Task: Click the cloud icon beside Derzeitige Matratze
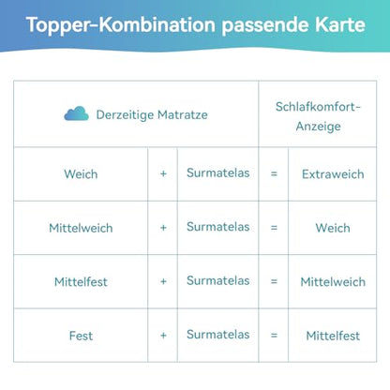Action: click(x=76, y=113)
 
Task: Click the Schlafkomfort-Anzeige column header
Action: click(x=318, y=114)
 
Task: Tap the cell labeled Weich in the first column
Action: click(x=81, y=174)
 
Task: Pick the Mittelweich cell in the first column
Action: click(x=81, y=228)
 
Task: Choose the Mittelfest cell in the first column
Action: click(x=81, y=281)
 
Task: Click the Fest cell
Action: click(x=81, y=335)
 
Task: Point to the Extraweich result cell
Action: click(x=332, y=174)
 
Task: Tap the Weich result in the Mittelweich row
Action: click(x=332, y=228)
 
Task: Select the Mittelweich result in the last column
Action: click(x=332, y=281)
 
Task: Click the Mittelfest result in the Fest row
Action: click(x=332, y=335)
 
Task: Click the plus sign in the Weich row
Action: click(x=163, y=174)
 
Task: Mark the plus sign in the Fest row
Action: click(x=163, y=335)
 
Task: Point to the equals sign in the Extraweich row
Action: click(x=274, y=174)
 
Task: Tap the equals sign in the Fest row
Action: click(x=274, y=335)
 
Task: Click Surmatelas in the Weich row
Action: click(x=217, y=173)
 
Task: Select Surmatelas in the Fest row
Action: click(x=217, y=334)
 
